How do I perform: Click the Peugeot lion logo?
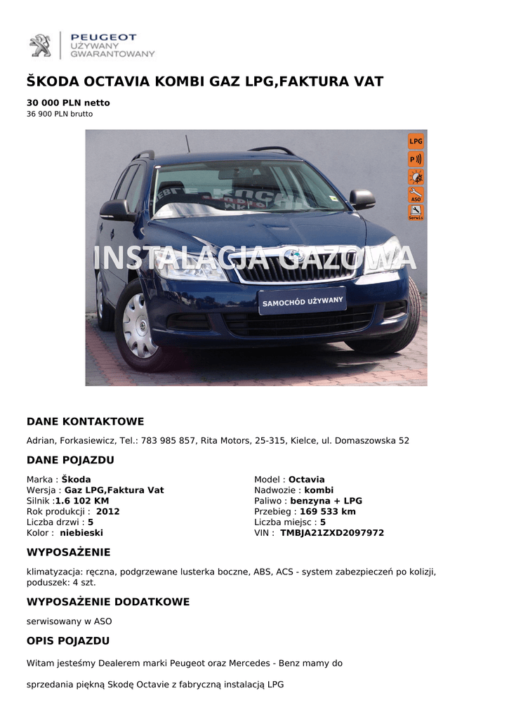40,45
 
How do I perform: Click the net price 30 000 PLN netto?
68,103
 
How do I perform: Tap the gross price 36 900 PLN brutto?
60,114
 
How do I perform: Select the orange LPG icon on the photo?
416,140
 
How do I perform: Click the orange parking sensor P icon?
416,159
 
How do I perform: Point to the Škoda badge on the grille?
290,256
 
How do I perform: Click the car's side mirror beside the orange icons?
362,198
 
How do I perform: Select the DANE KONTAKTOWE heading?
85,422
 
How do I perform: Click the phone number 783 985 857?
168,441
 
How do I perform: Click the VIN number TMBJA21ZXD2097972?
332,533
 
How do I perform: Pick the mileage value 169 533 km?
328,512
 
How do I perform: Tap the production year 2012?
108,512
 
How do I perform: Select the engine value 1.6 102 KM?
82,501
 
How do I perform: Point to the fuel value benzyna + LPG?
326,501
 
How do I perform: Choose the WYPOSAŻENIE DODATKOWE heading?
108,602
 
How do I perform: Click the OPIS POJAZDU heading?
68,641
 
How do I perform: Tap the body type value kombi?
319,490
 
